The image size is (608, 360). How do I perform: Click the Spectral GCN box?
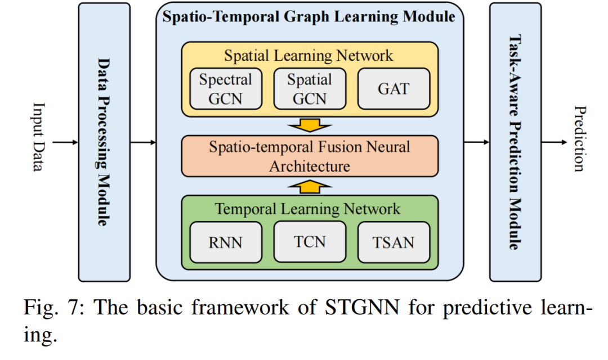(226, 89)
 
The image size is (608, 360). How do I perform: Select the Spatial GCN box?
(310, 89)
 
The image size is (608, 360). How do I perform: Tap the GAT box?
(394, 89)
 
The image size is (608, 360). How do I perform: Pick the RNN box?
(226, 242)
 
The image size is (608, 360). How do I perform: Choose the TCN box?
(310, 242)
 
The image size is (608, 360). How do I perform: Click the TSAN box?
(394, 242)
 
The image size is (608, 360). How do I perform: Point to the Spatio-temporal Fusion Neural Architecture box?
(310, 156)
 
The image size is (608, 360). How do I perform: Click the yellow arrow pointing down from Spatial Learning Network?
(310, 125)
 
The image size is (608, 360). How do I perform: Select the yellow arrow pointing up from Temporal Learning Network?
(310, 186)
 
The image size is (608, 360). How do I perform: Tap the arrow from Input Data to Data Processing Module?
(65, 142)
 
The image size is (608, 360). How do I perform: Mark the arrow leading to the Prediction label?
(554, 142)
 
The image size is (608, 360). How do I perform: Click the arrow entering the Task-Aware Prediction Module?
(477, 142)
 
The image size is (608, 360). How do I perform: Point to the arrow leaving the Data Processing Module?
(143, 142)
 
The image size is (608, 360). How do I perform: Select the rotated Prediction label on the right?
(580, 138)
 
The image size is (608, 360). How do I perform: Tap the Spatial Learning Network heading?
(309, 56)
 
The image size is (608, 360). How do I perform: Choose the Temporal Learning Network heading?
(307, 209)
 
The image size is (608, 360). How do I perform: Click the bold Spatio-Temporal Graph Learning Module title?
(309, 17)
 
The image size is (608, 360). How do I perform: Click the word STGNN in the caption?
(362, 308)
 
